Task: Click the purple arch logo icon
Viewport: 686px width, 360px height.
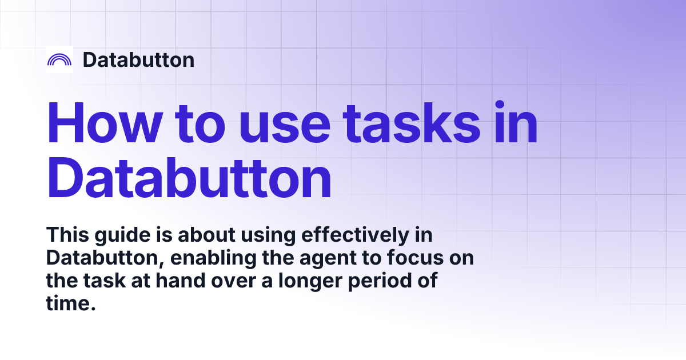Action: (x=59, y=59)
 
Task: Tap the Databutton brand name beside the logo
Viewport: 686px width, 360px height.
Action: (x=138, y=59)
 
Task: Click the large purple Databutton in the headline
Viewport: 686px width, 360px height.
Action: (x=189, y=178)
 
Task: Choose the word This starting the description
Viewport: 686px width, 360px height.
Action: (x=66, y=234)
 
